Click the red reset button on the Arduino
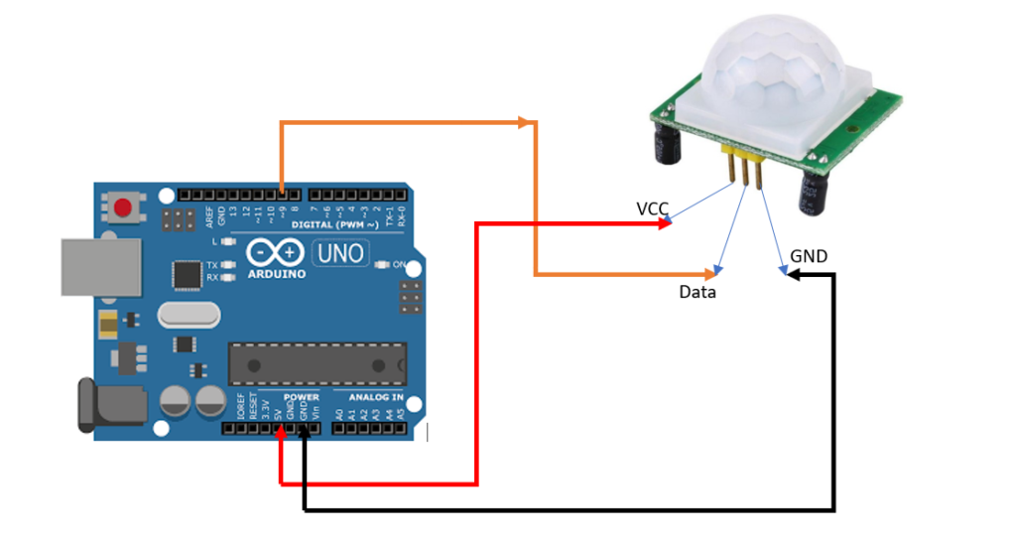(123, 208)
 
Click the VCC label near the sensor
(652, 208)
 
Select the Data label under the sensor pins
(698, 293)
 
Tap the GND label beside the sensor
(809, 257)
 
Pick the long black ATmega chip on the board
(318, 364)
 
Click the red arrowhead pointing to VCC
(666, 223)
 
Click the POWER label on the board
(301, 397)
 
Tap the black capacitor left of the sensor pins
(665, 145)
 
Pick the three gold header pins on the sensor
(745, 168)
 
